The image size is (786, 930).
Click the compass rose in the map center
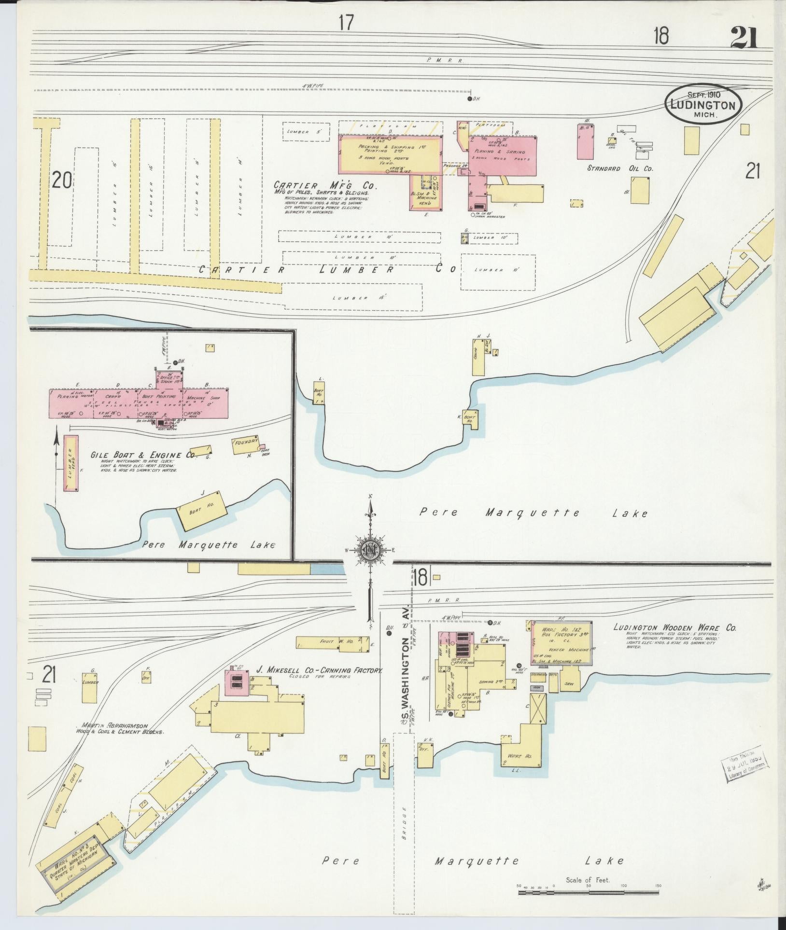point(370,550)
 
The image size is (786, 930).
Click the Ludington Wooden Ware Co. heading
point(674,627)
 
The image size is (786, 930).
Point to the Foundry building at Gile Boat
point(246,444)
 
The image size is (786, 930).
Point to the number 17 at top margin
point(346,23)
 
